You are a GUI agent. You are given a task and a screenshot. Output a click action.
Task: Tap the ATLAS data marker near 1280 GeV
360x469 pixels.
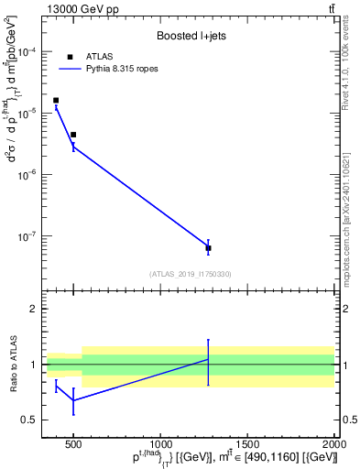pyautogui.click(x=208, y=248)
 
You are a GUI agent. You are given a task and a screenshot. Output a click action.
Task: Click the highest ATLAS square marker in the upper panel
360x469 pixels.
pyautogui.click(x=56, y=101)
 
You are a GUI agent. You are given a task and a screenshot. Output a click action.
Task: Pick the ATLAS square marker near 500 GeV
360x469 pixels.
pyautogui.click(x=73, y=135)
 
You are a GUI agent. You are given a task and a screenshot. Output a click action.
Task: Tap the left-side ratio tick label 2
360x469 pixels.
pyautogui.click(x=32, y=310)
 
